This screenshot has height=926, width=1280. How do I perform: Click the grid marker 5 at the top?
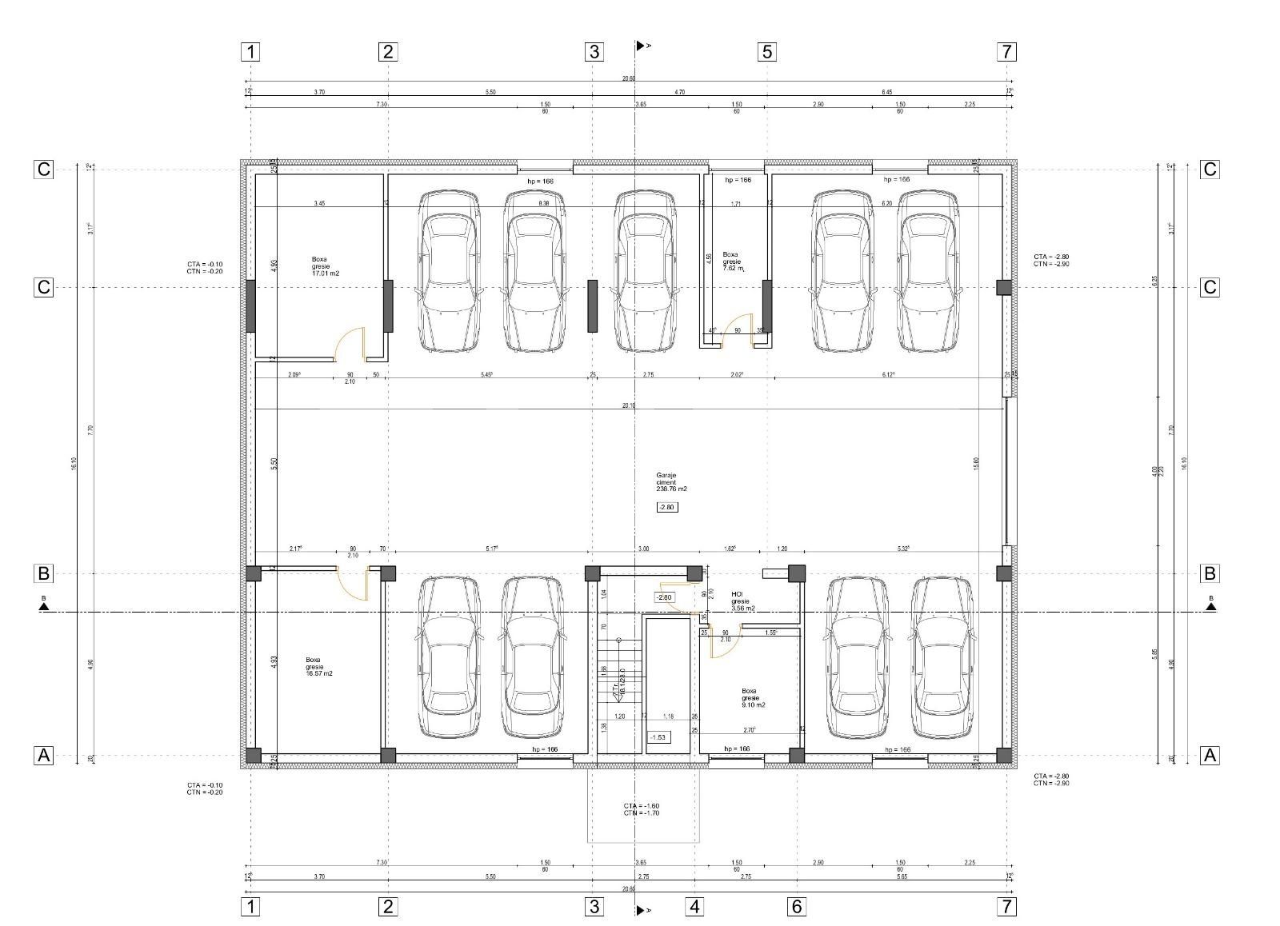pos(766,52)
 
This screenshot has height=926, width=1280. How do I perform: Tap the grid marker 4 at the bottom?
pos(694,907)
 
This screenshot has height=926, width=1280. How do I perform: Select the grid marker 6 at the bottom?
pos(796,907)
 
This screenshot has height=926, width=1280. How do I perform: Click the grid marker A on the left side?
pos(43,755)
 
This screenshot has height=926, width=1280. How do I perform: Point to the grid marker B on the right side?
pos(1210,573)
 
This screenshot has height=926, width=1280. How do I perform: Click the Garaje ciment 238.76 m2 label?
pos(671,481)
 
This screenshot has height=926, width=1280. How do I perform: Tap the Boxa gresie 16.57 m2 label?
pos(318,667)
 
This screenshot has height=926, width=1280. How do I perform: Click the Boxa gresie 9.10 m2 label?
pos(753,697)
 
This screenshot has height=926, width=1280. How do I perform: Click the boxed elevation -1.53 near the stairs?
pos(658,736)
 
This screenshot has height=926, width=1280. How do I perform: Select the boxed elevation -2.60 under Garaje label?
pos(667,507)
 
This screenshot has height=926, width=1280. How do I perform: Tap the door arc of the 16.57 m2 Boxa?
pos(353,583)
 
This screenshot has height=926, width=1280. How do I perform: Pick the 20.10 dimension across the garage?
pos(629,405)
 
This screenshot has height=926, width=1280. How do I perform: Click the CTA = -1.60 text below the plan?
pos(641,805)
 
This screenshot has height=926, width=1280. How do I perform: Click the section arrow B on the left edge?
pos(44,605)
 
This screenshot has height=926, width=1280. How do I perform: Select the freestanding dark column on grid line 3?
pos(593,305)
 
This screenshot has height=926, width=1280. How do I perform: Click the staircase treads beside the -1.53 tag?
pos(613,672)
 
